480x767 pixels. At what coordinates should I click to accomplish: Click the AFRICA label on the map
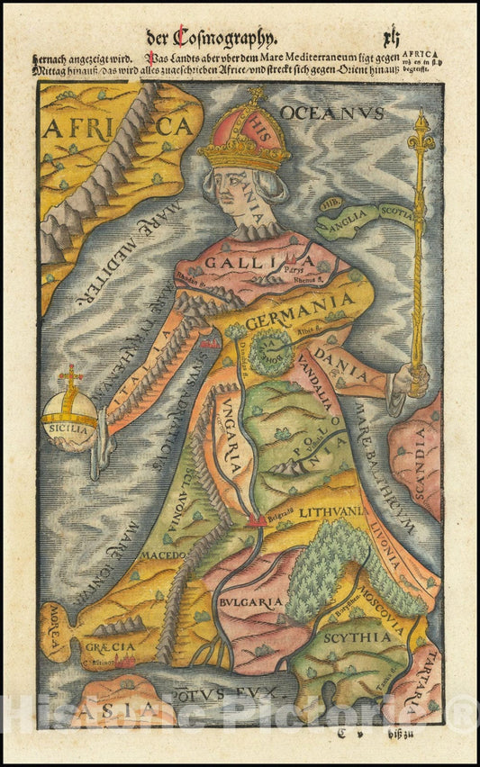(117, 127)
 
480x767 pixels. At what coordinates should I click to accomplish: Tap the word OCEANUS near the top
(331, 113)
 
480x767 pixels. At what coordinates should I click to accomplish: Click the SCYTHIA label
(358, 636)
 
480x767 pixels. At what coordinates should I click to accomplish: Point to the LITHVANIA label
(331, 511)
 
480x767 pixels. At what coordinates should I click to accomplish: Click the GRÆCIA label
(110, 646)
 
